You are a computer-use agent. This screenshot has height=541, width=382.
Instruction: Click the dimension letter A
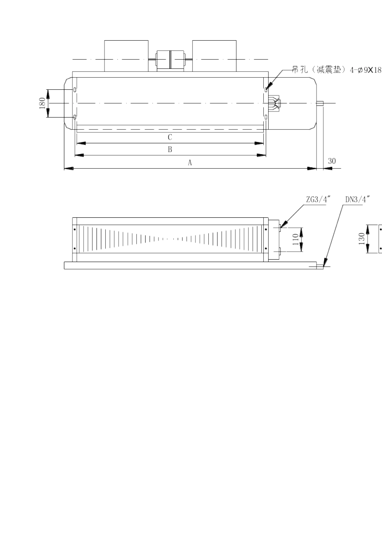pos(190,163)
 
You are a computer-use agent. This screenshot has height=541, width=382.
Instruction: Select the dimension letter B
pos(170,149)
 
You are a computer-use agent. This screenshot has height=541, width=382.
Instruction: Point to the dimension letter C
pos(170,137)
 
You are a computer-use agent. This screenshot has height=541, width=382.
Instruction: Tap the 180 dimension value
pos(42,103)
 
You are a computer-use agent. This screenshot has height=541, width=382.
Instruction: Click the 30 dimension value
pos(332,161)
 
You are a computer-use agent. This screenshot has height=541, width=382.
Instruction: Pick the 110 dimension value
pos(296,240)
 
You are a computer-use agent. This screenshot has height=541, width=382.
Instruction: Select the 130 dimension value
pos(361,239)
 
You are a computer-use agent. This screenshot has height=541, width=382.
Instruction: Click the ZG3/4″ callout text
pos(318,200)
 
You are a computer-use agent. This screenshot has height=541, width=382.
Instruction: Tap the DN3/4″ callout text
pos(357,200)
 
